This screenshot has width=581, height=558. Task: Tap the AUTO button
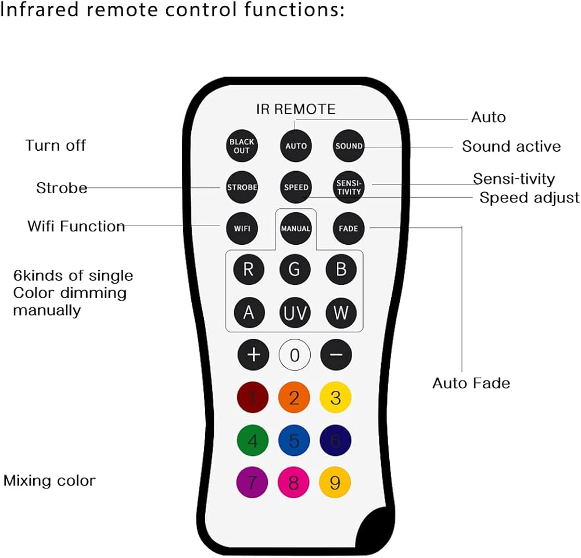coord(296,146)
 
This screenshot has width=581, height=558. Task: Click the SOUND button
coord(349,146)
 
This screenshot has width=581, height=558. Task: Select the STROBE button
coord(242,187)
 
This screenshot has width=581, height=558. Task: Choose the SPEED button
coord(296,187)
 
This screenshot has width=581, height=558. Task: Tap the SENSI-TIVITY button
coord(349,187)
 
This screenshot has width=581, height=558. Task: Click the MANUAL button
coord(295,229)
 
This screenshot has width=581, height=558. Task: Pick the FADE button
coord(348,229)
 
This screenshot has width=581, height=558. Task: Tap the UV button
coord(295,313)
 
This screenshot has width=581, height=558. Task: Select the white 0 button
coord(295,355)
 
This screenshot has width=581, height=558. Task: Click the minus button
coord(336,355)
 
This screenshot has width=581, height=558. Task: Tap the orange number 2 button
coord(294,397)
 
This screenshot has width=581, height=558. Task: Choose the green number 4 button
coord(253,440)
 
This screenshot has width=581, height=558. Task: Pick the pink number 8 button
coord(293,483)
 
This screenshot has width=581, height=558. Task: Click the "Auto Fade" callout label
coord(471,383)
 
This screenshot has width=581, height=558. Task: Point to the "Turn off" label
coord(56,146)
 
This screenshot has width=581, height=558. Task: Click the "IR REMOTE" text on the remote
coord(296,109)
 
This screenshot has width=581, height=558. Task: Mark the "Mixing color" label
coord(49,481)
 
